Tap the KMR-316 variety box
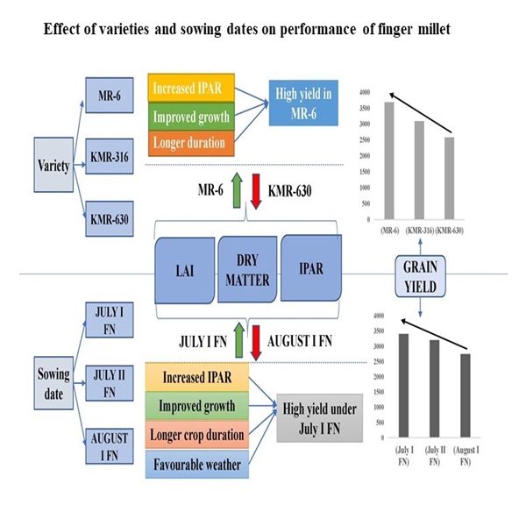(109, 158)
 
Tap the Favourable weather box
(195, 464)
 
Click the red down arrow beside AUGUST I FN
(256, 340)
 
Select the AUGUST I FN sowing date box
(109, 445)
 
